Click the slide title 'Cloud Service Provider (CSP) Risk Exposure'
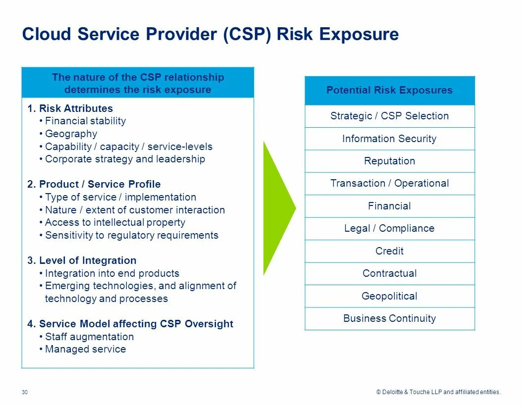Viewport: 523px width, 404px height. pyautogui.click(x=210, y=35)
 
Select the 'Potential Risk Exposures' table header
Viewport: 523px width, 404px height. pyautogui.click(x=389, y=90)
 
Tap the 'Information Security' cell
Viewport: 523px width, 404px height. pyautogui.click(x=389, y=139)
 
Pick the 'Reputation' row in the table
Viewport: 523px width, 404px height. pyautogui.click(x=389, y=161)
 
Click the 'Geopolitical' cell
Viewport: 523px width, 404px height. pyautogui.click(x=389, y=296)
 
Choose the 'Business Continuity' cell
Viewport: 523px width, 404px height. pyautogui.click(x=389, y=318)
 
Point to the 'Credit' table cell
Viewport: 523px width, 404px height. pyautogui.click(x=389, y=251)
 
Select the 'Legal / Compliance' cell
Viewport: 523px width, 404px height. pyautogui.click(x=389, y=228)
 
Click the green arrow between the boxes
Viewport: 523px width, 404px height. pyautogui.click(x=277, y=208)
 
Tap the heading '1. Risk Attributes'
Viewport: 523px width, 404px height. pyautogui.click(x=70, y=108)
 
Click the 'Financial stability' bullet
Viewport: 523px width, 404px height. pyautogui.click(x=85, y=121)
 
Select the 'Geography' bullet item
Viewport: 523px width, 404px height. pyautogui.click(x=71, y=134)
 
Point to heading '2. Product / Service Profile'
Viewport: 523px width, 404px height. pyautogui.click(x=94, y=184)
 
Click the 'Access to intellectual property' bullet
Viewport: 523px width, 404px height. pyautogui.click(x=115, y=222)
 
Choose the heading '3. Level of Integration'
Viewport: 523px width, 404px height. pyautogui.click(x=82, y=260)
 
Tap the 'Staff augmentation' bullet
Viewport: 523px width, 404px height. pyautogui.click(x=89, y=337)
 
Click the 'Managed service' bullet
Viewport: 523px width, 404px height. pyautogui.click(x=85, y=349)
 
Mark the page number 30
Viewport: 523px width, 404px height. pyautogui.click(x=25, y=392)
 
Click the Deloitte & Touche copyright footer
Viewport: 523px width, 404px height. pyautogui.click(x=438, y=392)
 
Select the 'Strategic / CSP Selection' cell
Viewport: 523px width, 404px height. pyautogui.click(x=389, y=116)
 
